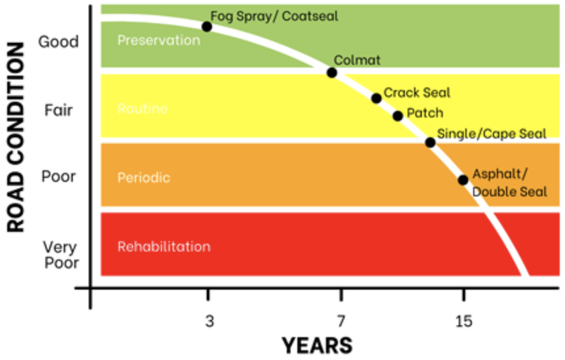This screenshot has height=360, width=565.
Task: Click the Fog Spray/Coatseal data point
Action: click(x=207, y=27)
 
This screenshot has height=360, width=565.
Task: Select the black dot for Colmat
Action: click(x=332, y=73)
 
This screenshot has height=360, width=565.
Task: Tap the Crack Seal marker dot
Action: click(x=376, y=98)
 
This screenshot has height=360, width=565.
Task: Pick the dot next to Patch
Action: click(x=398, y=116)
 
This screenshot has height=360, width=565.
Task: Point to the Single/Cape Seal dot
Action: click(x=430, y=142)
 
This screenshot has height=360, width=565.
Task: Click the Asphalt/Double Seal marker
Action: click(x=463, y=180)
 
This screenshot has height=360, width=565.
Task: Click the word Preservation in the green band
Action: click(x=159, y=40)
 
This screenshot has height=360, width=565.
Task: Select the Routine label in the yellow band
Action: click(x=142, y=109)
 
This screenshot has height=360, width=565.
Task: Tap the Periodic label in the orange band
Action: click(x=143, y=178)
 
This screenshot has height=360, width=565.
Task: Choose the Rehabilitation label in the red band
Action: click(x=164, y=246)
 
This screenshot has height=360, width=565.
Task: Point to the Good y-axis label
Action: click(x=58, y=42)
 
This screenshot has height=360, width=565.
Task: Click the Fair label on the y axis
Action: click(x=58, y=110)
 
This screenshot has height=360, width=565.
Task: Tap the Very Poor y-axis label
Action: click(x=61, y=255)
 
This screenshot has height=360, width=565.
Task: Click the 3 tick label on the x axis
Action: click(x=209, y=321)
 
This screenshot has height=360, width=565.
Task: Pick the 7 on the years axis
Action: click(x=341, y=321)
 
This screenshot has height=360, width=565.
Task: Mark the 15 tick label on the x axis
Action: click(x=464, y=321)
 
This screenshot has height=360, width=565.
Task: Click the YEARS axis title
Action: click(x=317, y=346)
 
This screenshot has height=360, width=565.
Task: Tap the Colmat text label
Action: click(x=358, y=60)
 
